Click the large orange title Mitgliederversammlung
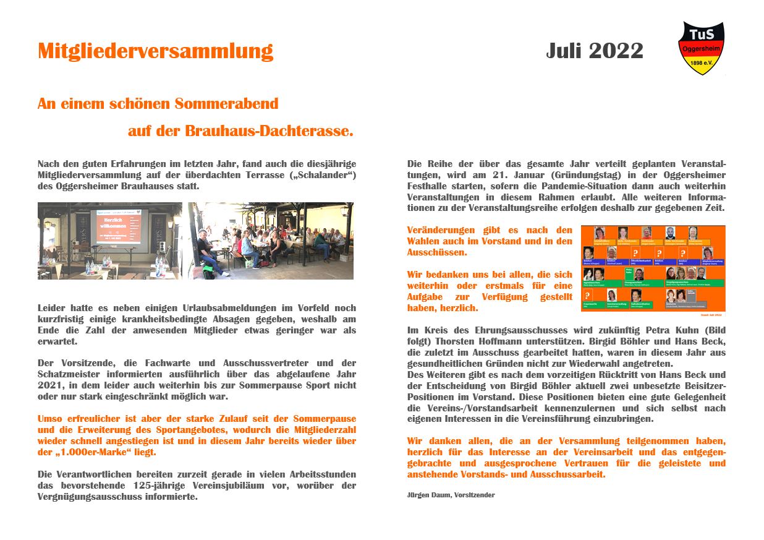pos(155,51)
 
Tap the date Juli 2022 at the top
pos(594,51)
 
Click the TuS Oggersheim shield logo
pos(701,48)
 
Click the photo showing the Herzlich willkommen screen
pos(109,241)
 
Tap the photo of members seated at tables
pos(271,241)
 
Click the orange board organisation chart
pos(653,268)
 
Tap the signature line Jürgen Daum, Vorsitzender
pos(451,495)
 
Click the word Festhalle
pos(429,186)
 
